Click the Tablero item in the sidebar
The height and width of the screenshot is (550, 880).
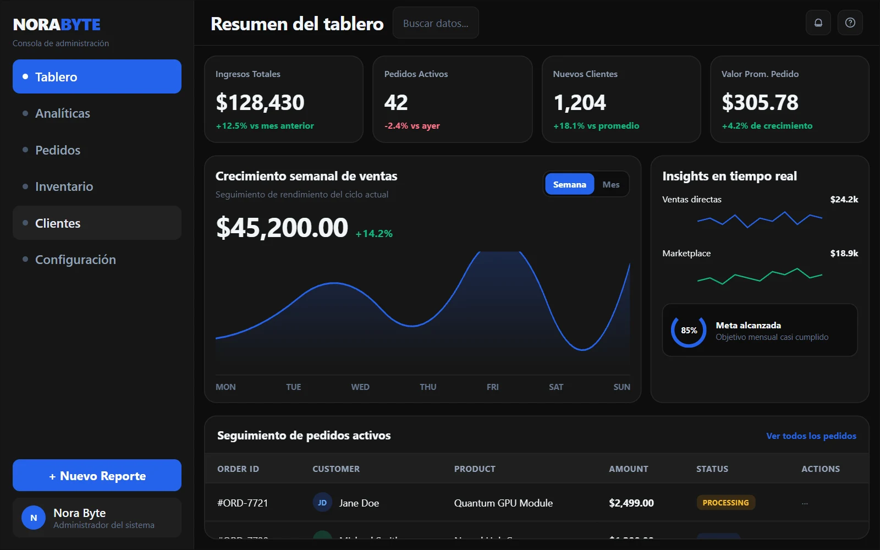click(97, 76)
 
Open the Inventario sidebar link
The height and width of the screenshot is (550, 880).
click(64, 186)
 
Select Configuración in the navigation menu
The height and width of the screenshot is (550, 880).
click(75, 260)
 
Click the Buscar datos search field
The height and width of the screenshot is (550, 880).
click(435, 23)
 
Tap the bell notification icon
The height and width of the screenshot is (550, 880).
click(818, 23)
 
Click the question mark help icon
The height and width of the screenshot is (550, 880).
click(850, 23)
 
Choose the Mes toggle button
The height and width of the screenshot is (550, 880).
click(610, 185)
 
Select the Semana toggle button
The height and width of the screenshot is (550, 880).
click(569, 185)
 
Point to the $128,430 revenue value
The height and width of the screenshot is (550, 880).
click(260, 102)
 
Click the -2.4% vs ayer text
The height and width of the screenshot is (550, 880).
click(411, 126)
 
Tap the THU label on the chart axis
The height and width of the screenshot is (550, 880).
click(428, 387)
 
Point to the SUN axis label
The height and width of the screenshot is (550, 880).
click(621, 387)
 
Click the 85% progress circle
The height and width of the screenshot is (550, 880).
click(689, 331)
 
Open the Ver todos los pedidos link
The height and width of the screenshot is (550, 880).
click(811, 436)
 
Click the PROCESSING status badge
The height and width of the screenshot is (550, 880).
click(725, 503)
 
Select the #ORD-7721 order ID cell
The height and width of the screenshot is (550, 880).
click(243, 503)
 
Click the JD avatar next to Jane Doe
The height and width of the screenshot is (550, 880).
click(322, 503)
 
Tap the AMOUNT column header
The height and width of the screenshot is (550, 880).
click(628, 469)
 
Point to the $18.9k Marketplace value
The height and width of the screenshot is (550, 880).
click(844, 254)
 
